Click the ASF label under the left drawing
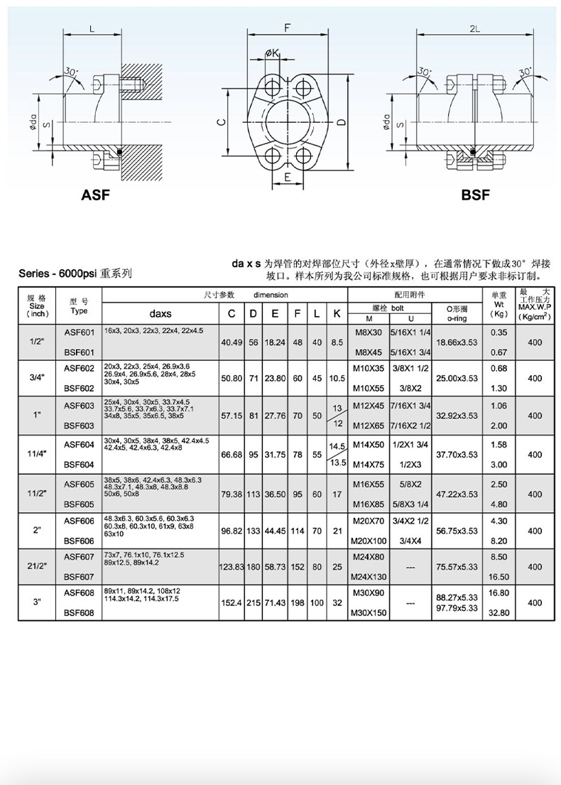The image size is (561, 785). [95, 195]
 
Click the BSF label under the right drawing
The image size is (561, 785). [475, 195]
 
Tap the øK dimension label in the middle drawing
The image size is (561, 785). [273, 53]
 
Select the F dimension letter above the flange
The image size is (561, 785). [287, 28]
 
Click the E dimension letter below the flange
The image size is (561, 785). [287, 176]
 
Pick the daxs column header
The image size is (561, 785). [160, 313]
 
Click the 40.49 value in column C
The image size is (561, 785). [232, 342]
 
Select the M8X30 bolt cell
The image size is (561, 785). [368, 332]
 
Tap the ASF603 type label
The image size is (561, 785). [79, 406]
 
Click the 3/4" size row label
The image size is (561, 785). [37, 378]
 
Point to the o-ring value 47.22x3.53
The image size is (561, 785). [457, 494]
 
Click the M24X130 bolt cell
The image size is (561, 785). [368, 577]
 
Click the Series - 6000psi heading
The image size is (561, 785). [75, 273]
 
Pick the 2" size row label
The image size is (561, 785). [37, 531]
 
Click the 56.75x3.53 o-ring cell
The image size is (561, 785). [457, 531]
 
